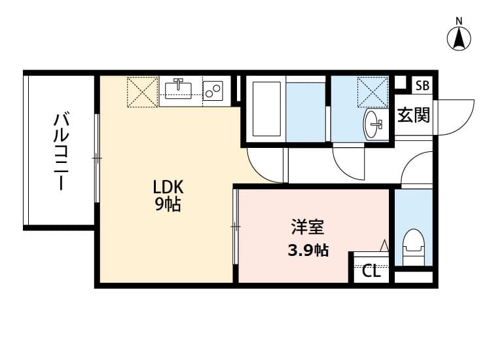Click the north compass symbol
pyautogui.click(x=460, y=38)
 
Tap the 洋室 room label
pyautogui.click(x=307, y=228)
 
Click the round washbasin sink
pyautogui.click(x=374, y=122)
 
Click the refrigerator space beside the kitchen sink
pyautogui.click(x=143, y=92)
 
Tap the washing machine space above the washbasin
pyautogui.click(x=373, y=90)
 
